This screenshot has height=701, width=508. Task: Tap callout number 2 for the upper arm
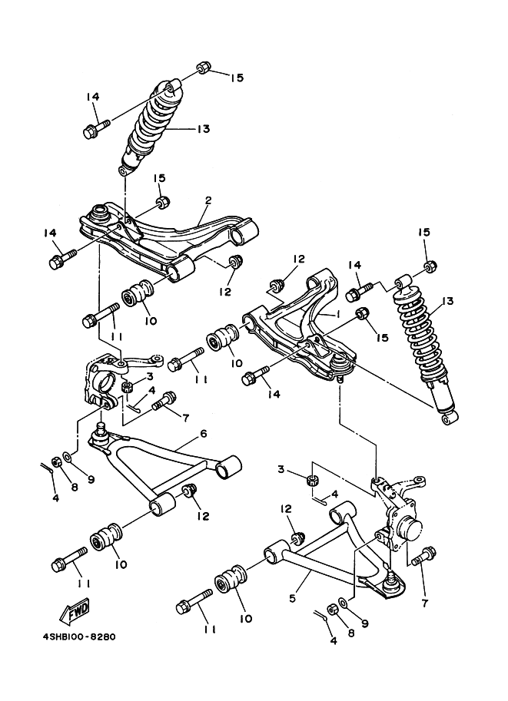coord(208,200)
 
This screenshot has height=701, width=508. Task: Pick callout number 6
coord(204,434)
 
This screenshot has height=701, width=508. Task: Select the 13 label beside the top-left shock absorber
coord(202,129)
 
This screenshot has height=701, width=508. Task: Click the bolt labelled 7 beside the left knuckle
coord(164,401)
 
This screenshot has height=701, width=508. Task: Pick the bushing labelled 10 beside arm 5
coord(231,579)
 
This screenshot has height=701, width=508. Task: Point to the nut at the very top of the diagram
coord(203,68)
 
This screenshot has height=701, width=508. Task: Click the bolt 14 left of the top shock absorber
coord(95,127)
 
